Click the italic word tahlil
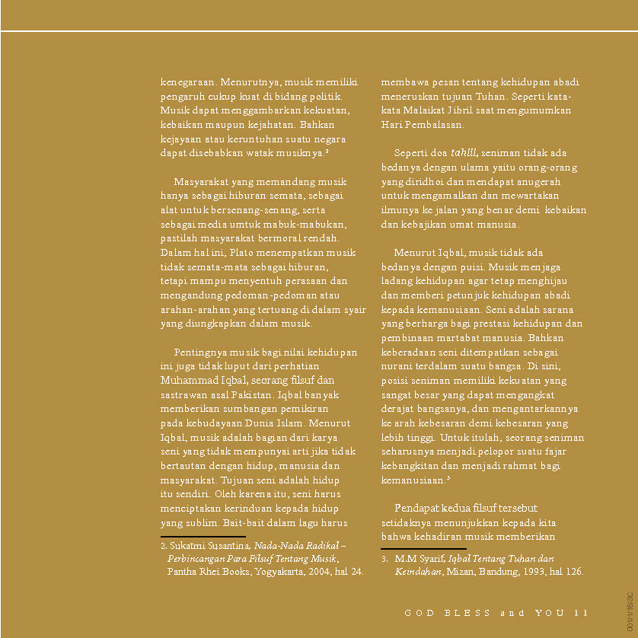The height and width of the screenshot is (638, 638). coord(464,153)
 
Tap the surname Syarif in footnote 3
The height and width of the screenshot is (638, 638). coord(430,559)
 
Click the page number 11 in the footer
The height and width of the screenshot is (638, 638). coord(582,613)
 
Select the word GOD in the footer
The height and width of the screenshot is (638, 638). coord(419,613)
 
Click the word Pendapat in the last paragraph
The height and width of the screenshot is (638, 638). coord(418,509)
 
